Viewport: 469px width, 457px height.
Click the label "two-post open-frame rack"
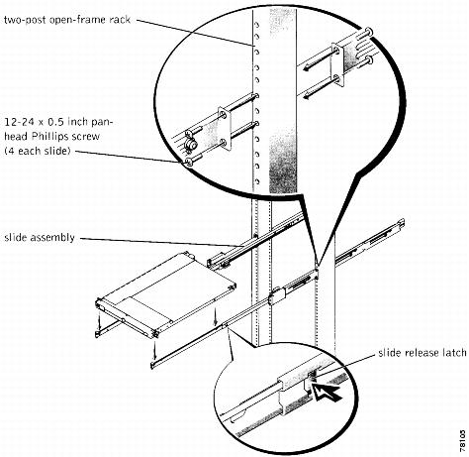(x=67, y=20)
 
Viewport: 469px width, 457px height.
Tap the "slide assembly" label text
(x=40, y=238)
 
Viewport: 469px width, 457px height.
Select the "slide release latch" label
(x=422, y=353)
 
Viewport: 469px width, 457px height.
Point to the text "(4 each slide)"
(x=38, y=151)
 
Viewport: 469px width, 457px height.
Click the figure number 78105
(x=463, y=441)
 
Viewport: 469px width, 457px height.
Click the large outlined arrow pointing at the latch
(x=327, y=392)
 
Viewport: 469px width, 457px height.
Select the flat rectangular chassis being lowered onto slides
(x=166, y=294)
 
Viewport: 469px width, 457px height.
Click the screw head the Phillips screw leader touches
(x=189, y=162)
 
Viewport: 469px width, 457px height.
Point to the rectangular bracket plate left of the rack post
(x=224, y=128)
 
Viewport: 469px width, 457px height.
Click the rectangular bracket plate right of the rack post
(x=337, y=65)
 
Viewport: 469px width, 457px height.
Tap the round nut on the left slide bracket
(x=190, y=145)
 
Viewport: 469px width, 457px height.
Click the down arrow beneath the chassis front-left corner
(x=99, y=318)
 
